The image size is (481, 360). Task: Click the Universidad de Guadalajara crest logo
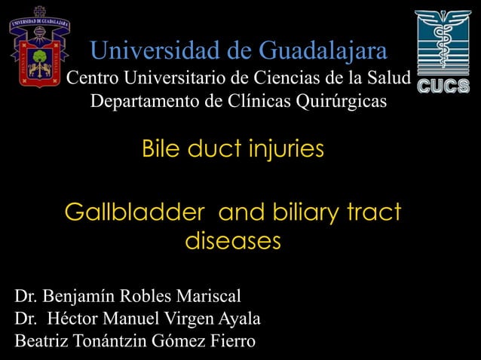(39, 47)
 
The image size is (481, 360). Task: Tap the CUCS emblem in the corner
(443, 51)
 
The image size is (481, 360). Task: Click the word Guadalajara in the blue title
(323, 51)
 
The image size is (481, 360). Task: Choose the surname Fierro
(231, 342)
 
